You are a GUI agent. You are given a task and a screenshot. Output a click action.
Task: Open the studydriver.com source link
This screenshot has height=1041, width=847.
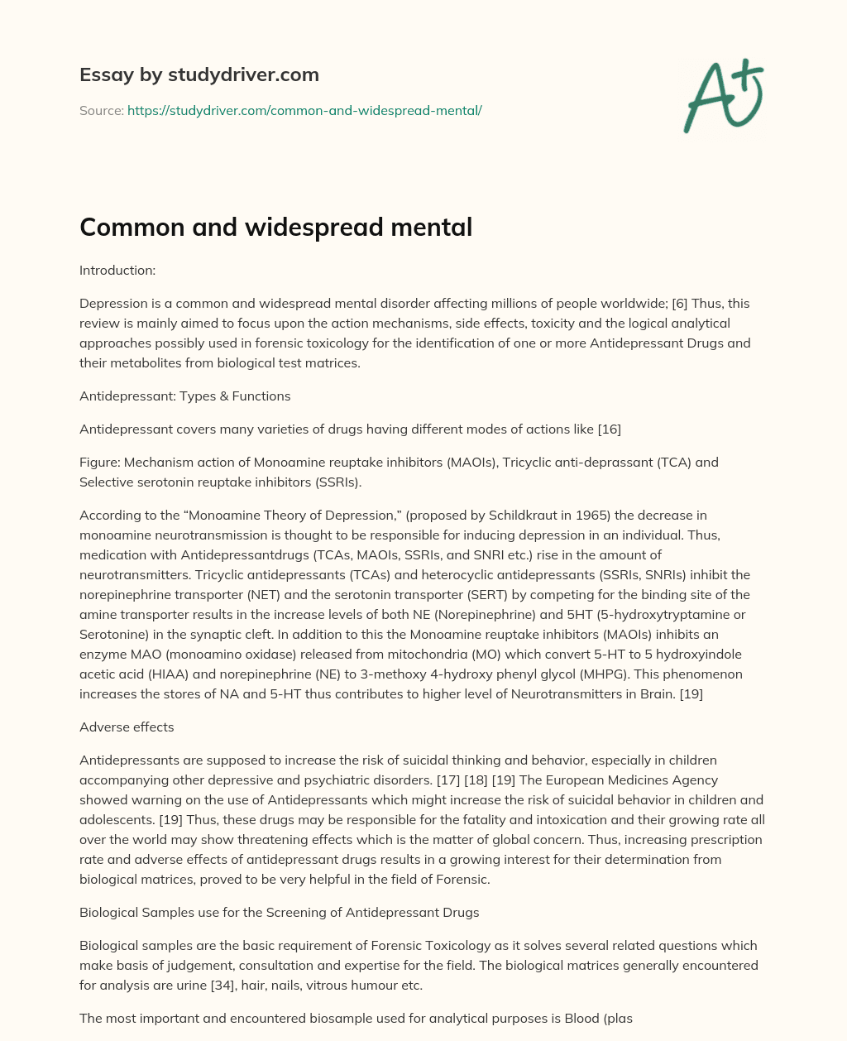pos(304,110)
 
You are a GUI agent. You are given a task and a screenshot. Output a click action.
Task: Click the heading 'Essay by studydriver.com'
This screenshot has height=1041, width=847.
pos(199,74)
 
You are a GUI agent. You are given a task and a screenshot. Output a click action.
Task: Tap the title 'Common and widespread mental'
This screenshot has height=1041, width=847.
pos(275,227)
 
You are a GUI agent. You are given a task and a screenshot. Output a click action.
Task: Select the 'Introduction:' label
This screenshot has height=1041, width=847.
pos(117,270)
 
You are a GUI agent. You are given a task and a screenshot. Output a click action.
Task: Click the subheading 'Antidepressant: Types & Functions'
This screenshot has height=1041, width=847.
pos(184,396)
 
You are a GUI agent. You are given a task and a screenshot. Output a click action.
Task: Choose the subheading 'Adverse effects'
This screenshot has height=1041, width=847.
pos(127,727)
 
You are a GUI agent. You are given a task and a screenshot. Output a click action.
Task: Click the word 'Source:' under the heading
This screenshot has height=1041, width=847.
pos(101,110)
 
